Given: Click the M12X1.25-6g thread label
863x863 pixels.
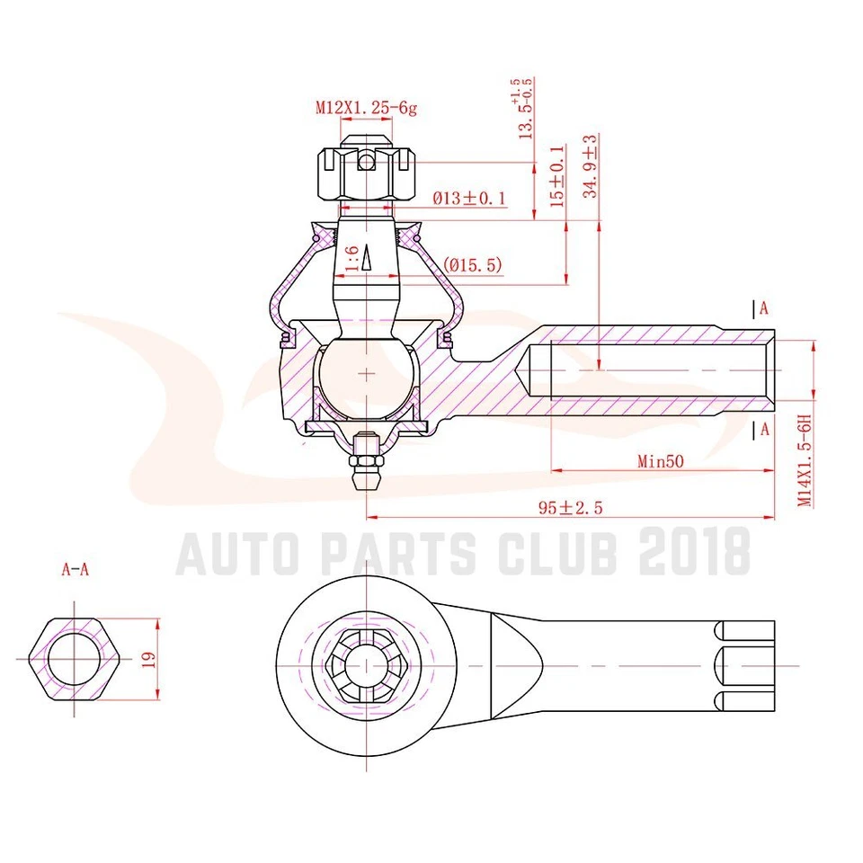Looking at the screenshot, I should (366, 108).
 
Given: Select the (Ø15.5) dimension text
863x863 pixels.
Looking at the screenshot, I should (472, 265).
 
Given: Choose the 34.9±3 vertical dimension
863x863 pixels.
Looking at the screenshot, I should (590, 166).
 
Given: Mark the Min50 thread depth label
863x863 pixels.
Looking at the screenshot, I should (662, 461).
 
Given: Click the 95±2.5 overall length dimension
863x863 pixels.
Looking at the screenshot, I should (569, 508).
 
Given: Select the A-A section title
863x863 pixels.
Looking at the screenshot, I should (76, 569).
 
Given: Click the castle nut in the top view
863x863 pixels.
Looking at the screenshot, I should (366, 666).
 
